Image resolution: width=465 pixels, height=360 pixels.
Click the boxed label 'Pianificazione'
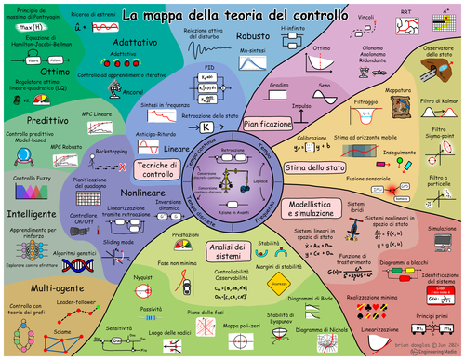tap(268, 122)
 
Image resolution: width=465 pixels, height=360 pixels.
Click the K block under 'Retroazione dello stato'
tap(206, 126)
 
